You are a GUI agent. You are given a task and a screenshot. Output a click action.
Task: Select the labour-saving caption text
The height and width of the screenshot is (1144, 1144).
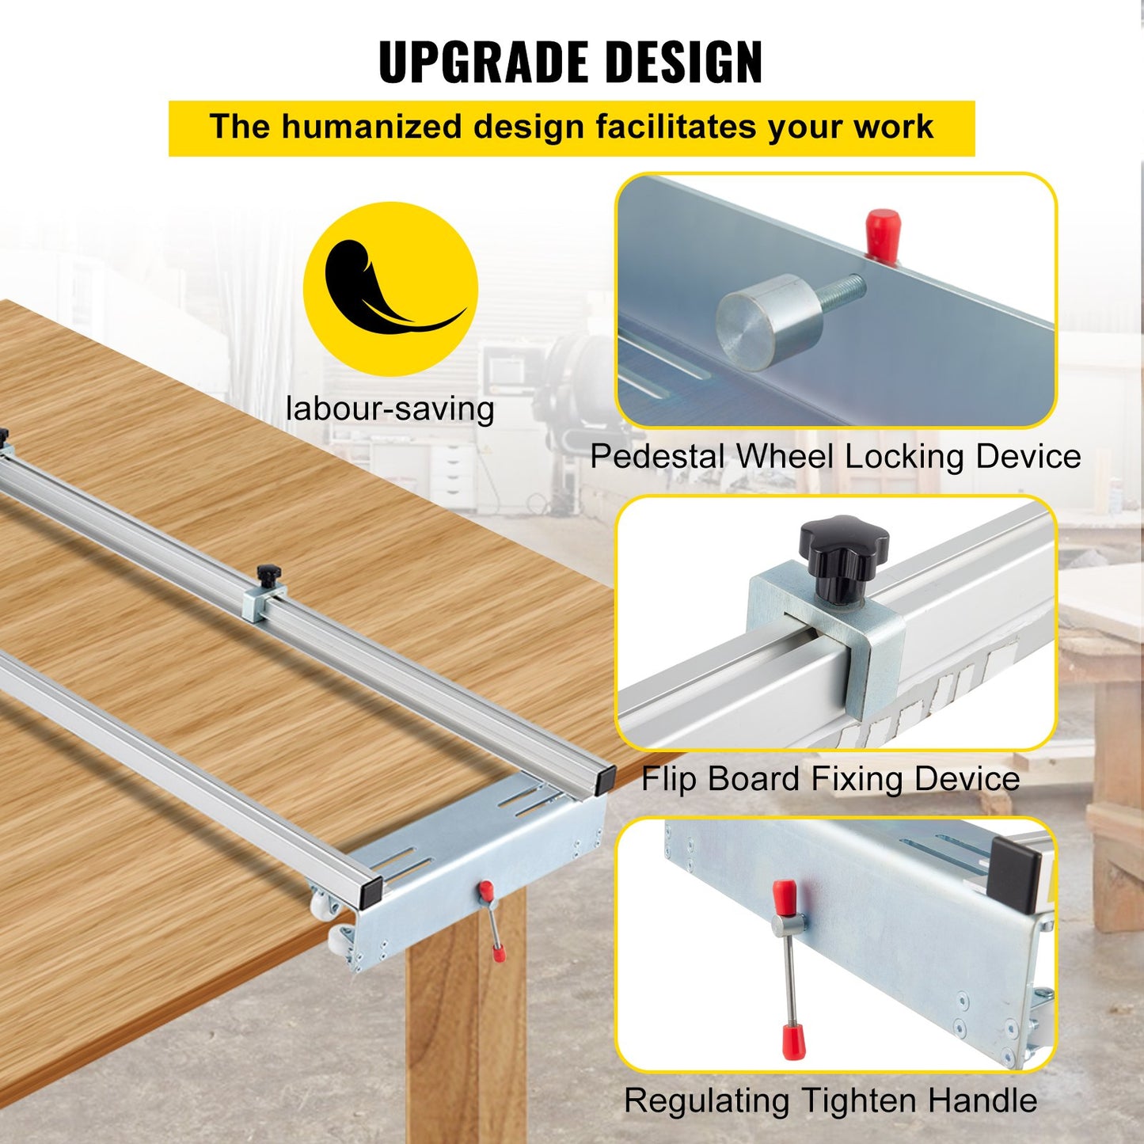click(390, 409)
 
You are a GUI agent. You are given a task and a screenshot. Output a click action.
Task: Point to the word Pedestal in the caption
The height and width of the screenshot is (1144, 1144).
click(658, 457)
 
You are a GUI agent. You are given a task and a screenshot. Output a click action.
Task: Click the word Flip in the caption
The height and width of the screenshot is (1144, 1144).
click(670, 779)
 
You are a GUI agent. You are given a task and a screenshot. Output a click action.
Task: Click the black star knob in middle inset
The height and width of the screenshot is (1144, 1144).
click(843, 545)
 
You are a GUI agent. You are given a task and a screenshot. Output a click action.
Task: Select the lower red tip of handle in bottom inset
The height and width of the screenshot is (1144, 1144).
click(789, 1040)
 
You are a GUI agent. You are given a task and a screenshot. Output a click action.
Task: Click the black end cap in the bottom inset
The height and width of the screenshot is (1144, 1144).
click(1014, 874)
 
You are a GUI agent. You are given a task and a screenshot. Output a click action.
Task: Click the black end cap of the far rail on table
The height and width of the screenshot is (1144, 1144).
click(606, 778)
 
